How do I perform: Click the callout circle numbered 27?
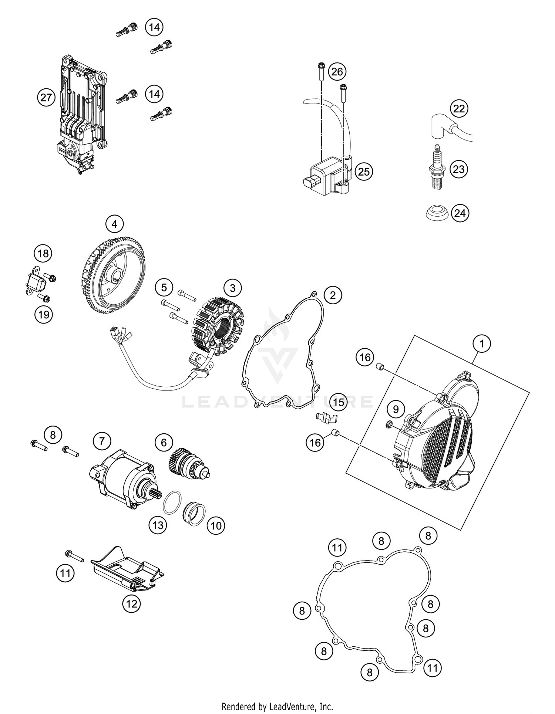click(x=46, y=98)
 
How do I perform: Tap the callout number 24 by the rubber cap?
click(x=460, y=213)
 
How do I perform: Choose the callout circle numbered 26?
click(x=337, y=71)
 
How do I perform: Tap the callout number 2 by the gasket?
click(x=333, y=295)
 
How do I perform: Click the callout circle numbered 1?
click(x=482, y=344)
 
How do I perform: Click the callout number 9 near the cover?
click(x=396, y=409)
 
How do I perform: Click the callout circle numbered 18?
click(x=43, y=254)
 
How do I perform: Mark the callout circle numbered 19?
click(x=44, y=315)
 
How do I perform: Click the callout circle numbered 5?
click(x=164, y=287)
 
